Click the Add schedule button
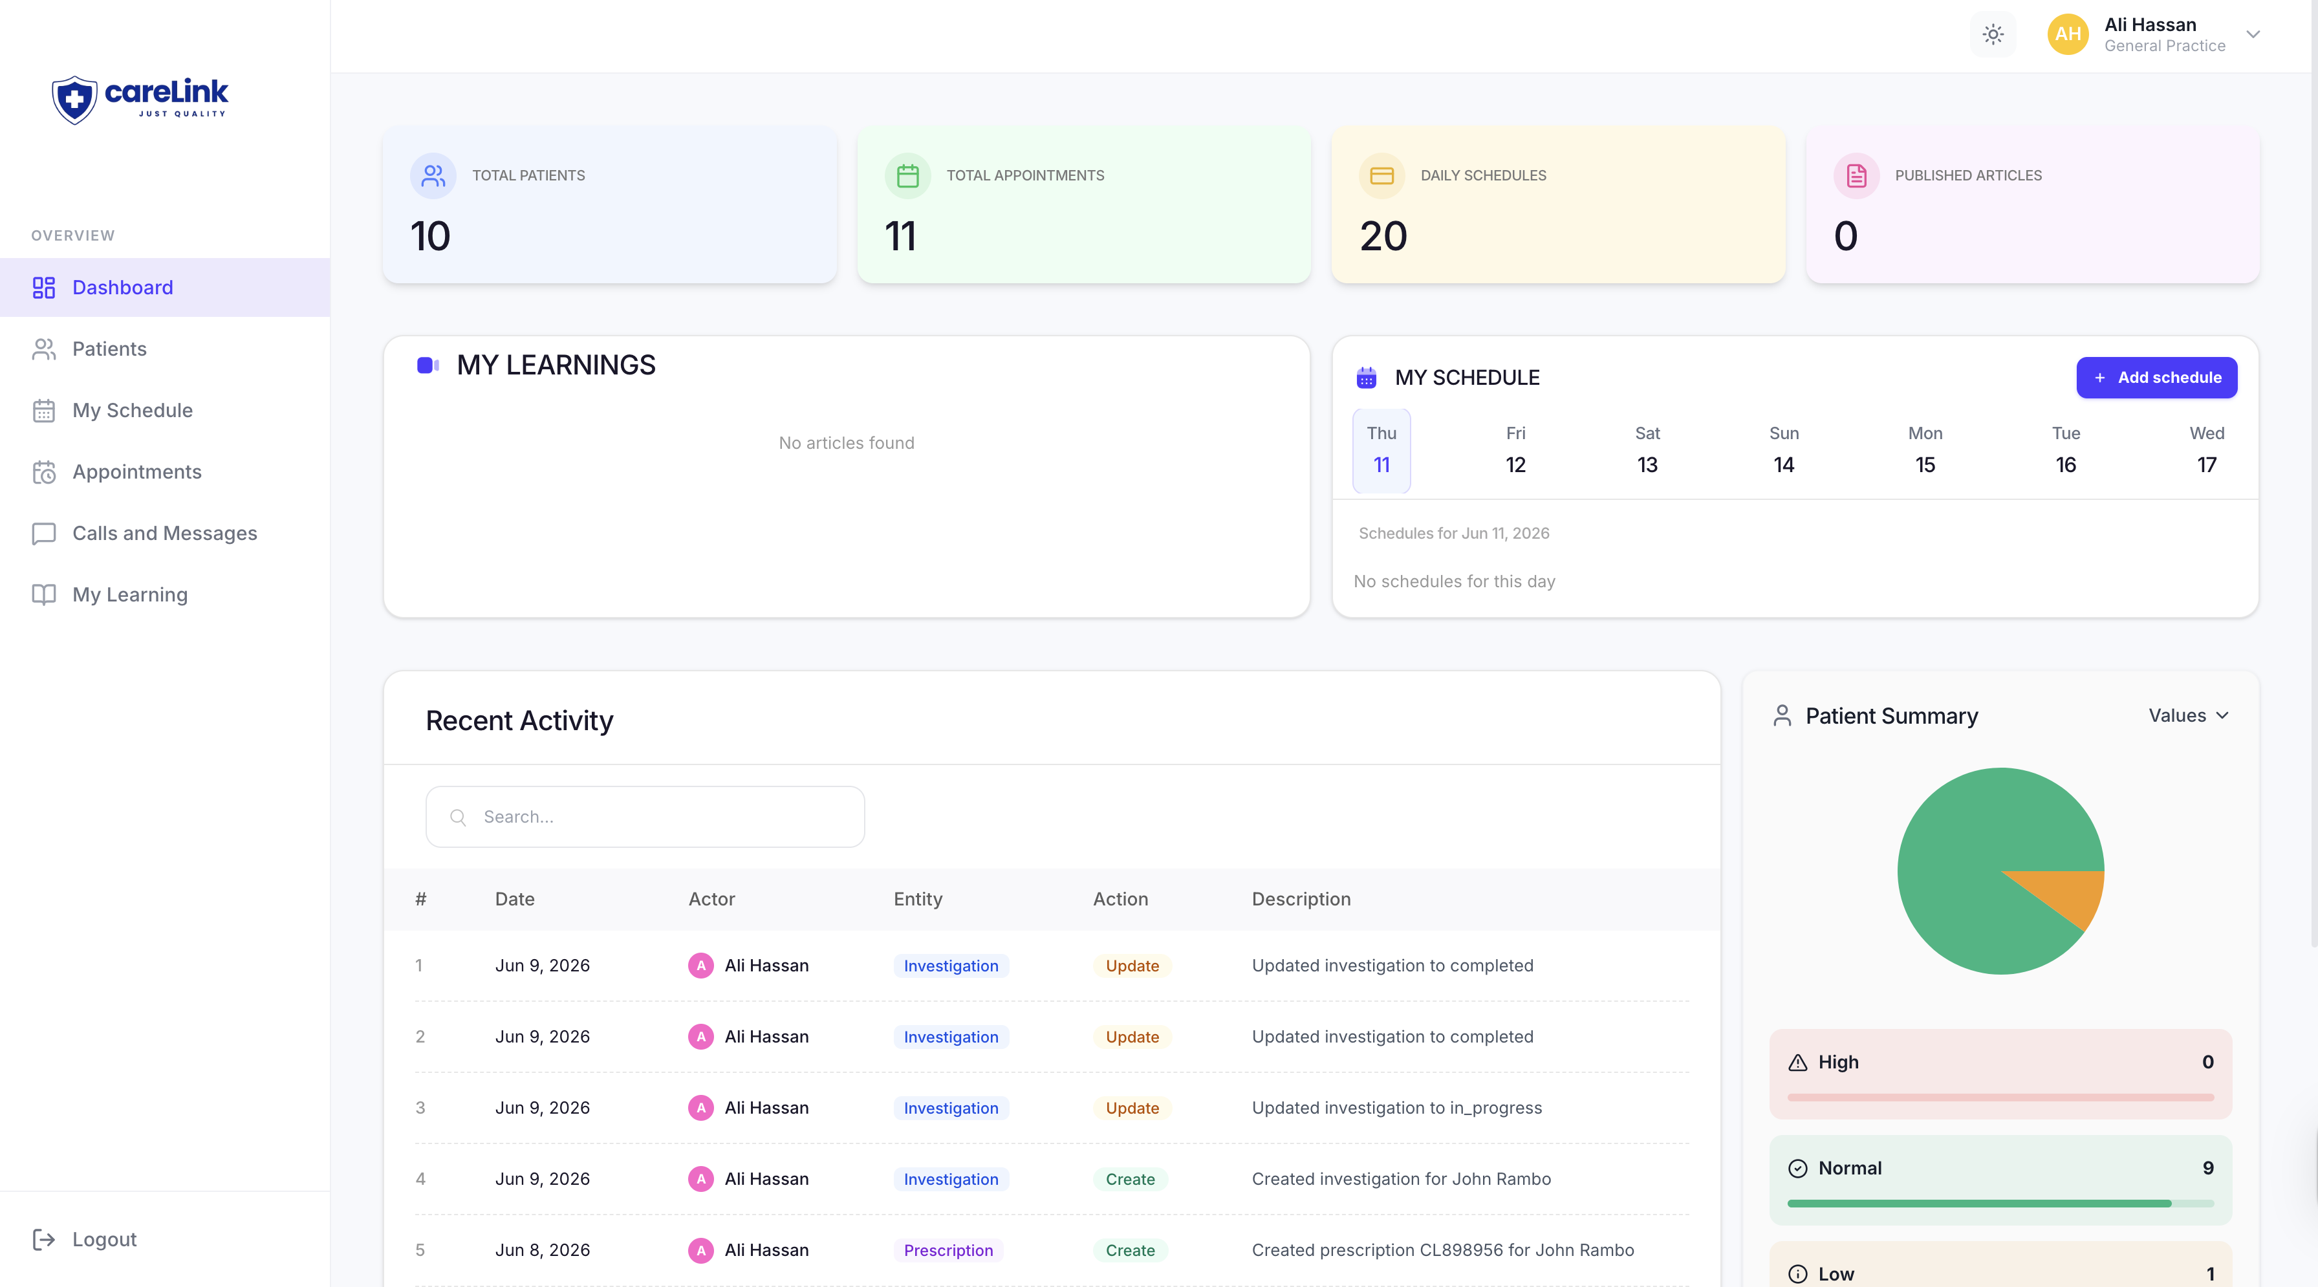[x=2156, y=377]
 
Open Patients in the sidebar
[x=109, y=349]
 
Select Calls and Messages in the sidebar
[x=165, y=533]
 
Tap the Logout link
[x=104, y=1238]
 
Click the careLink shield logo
[x=74, y=99]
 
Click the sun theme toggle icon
[x=1993, y=35]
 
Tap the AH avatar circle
[x=2068, y=34]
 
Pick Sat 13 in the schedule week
[x=1647, y=449]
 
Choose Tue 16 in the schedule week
[x=2065, y=449]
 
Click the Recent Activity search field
[x=645, y=816]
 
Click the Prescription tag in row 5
[x=948, y=1250]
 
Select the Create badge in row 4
[x=1130, y=1179]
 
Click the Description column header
[x=1301, y=899]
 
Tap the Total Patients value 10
[x=430, y=236]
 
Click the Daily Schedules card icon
[x=1381, y=175]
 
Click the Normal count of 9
[x=2207, y=1168]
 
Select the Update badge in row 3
[x=1132, y=1108]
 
